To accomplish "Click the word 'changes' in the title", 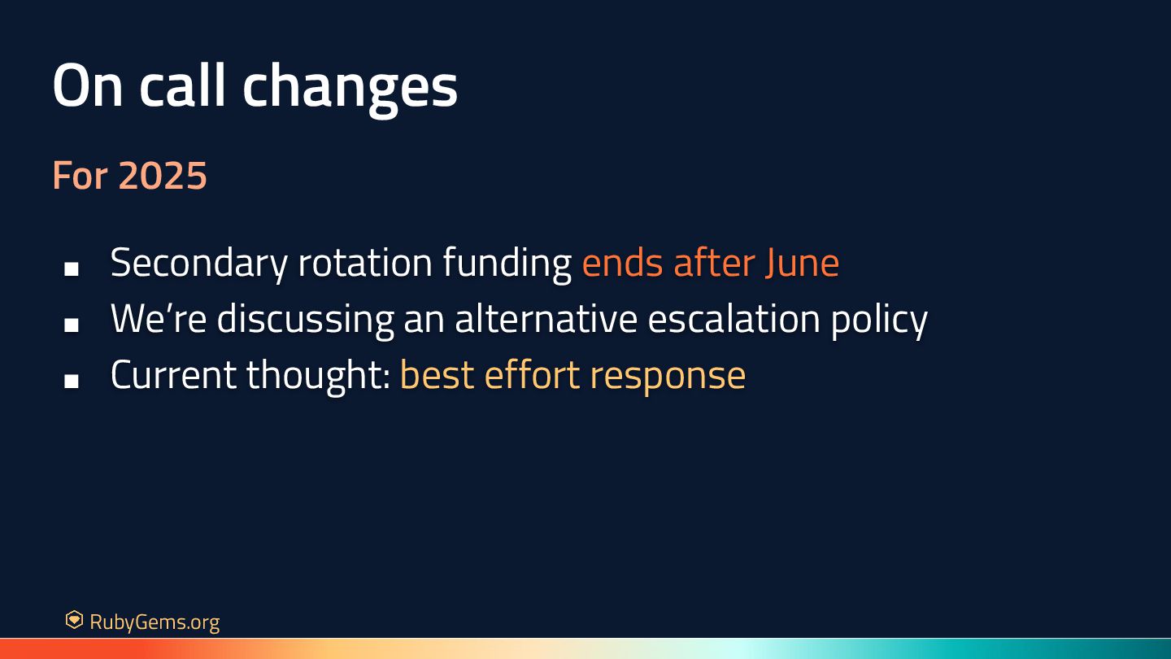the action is coord(350,89).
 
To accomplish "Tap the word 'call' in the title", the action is coord(182,85).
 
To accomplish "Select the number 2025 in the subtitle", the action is coord(163,175).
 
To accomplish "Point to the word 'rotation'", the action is coord(365,263).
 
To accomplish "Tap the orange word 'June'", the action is coord(802,263).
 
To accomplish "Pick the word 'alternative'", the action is coord(546,318).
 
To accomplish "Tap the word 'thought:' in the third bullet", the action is coord(319,376).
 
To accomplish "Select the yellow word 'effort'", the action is coord(532,374).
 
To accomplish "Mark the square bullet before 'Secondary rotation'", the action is coord(72,268).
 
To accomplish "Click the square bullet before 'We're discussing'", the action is coord(72,325).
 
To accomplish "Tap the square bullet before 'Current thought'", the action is coord(72,381).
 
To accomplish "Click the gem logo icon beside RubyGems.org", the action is coord(74,620).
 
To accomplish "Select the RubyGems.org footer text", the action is coord(155,622).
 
